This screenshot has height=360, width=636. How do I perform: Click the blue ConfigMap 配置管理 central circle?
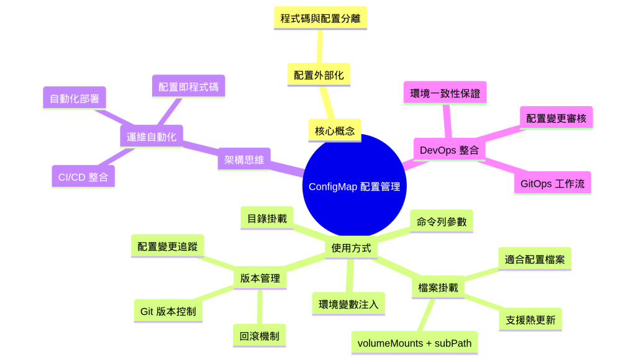click(354, 186)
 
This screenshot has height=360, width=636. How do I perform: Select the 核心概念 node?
click(334, 130)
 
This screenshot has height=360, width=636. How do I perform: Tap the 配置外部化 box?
click(319, 75)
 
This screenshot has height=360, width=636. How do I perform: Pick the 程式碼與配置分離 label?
click(320, 18)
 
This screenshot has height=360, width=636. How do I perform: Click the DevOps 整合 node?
click(448, 150)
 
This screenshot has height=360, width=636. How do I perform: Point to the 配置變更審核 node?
click(556, 118)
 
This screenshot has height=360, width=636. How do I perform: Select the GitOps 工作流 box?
click(552, 184)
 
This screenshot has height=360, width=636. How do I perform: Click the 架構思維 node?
click(244, 160)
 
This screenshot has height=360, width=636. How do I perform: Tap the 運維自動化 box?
click(151, 137)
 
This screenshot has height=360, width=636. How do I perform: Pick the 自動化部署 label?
click(74, 97)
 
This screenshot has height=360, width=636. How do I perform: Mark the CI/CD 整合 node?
click(83, 177)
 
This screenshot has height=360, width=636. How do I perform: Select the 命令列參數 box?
click(442, 222)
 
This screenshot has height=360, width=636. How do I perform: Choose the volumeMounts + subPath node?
click(414, 343)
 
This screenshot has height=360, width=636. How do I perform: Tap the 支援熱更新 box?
click(530, 320)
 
